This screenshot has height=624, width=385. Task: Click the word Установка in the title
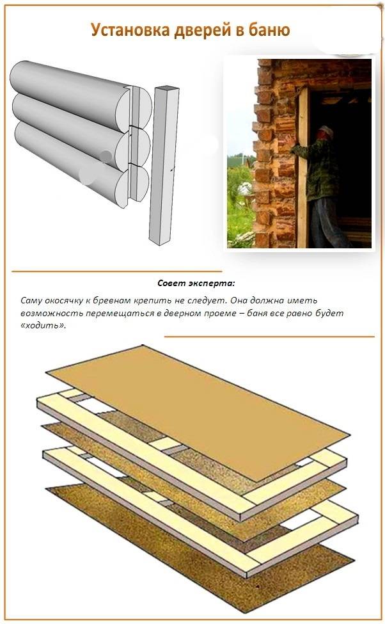(130, 30)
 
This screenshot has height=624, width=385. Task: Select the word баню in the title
(269, 30)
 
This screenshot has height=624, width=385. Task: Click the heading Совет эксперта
(196, 284)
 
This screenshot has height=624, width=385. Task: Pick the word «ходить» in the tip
(42, 325)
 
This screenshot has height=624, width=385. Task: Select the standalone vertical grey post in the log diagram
(164, 164)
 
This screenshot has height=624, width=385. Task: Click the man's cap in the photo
(326, 131)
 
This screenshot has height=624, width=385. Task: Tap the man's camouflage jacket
(314, 167)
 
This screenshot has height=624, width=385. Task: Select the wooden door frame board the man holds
(302, 167)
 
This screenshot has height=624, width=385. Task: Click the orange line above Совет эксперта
(116, 271)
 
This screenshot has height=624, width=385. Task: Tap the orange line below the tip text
(269, 337)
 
